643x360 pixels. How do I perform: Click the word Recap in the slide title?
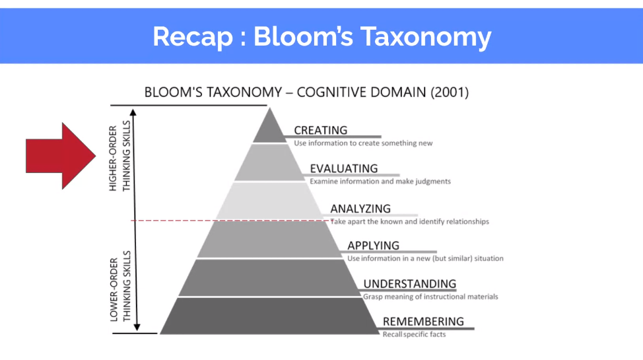pyautogui.click(x=193, y=37)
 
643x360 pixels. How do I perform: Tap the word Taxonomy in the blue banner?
pyautogui.click(x=426, y=38)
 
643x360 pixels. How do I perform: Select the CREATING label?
pyautogui.click(x=321, y=130)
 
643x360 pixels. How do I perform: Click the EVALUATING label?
pyautogui.click(x=344, y=168)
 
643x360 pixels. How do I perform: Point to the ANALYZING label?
pyautogui.click(x=360, y=209)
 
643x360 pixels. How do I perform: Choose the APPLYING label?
pyautogui.click(x=373, y=246)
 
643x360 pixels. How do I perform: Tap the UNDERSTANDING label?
pyautogui.click(x=410, y=283)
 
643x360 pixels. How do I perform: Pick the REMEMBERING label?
pyautogui.click(x=423, y=322)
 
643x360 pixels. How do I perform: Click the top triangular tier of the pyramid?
pyautogui.click(x=269, y=128)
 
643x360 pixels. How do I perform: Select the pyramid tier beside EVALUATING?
pyautogui.click(x=269, y=162)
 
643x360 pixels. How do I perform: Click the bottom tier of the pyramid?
pyautogui.click(x=269, y=316)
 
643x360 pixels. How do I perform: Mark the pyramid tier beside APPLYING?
pyautogui.click(x=269, y=239)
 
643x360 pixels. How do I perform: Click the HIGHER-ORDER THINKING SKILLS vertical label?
pyautogui.click(x=119, y=156)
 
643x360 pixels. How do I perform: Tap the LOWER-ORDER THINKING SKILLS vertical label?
pyautogui.click(x=119, y=286)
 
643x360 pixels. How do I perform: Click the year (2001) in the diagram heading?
pyautogui.click(x=450, y=92)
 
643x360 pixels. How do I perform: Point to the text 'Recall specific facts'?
pyautogui.click(x=414, y=334)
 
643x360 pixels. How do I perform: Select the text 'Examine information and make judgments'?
pyautogui.click(x=380, y=182)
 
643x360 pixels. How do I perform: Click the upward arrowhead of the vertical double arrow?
pyautogui.click(x=133, y=112)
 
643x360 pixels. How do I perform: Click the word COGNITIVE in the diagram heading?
pyautogui.click(x=332, y=92)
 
